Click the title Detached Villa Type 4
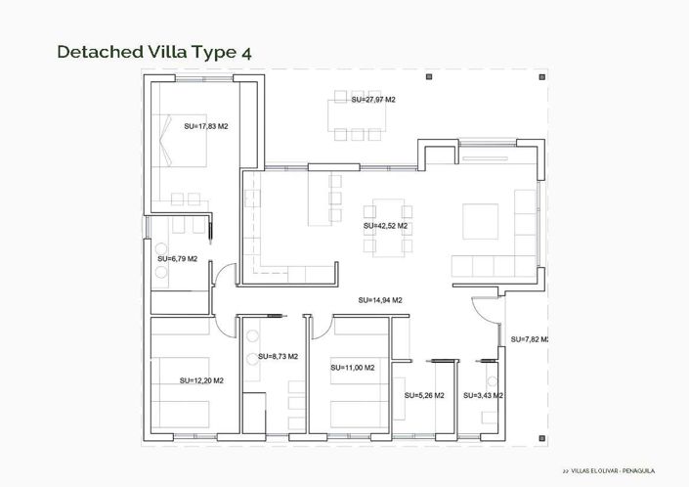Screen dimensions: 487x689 click(155, 51)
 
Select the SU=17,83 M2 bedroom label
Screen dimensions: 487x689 click(206, 126)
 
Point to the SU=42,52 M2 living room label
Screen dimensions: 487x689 click(385, 226)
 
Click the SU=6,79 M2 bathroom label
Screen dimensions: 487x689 click(177, 259)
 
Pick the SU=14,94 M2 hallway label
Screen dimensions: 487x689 click(380, 300)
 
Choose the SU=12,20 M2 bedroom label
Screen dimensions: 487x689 click(201, 380)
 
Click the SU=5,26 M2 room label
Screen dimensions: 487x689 click(424, 396)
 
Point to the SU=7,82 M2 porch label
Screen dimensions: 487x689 click(528, 339)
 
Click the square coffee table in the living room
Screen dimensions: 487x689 click(480, 220)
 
